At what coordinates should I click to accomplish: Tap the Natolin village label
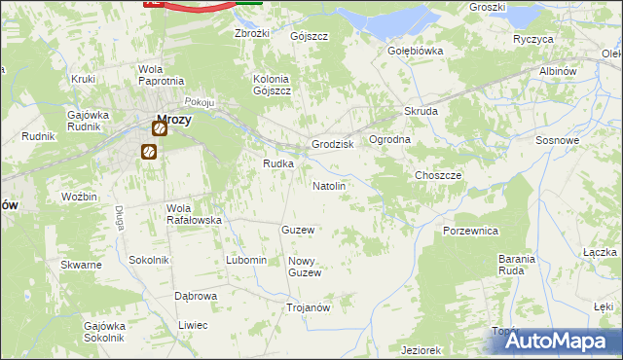(328, 185)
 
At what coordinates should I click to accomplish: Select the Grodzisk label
(332, 144)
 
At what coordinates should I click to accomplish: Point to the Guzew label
(297, 230)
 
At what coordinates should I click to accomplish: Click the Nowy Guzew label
(305, 267)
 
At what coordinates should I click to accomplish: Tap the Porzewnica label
(470, 231)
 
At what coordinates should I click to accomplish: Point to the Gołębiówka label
(416, 51)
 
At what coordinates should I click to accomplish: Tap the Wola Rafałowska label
(194, 214)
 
